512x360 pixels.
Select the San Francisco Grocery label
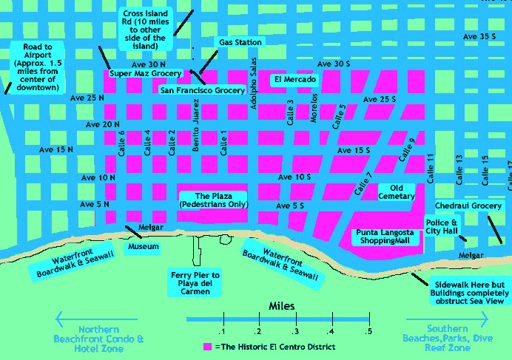(x=202, y=89)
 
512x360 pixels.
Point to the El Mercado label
(x=295, y=79)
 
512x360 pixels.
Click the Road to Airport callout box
(x=33, y=67)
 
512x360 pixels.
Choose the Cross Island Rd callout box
(x=144, y=29)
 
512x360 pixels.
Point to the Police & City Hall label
(x=442, y=226)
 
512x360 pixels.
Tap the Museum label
(x=144, y=246)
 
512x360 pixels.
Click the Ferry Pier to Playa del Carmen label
(x=195, y=282)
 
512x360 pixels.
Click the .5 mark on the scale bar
(x=368, y=331)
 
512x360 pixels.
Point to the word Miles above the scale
(x=282, y=306)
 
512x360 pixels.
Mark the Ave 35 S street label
(x=478, y=35)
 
